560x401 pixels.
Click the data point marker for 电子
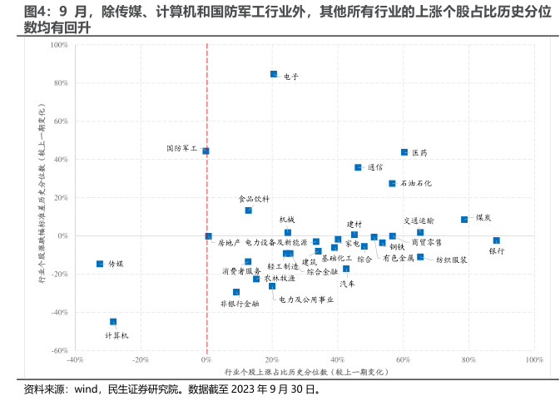[274, 74]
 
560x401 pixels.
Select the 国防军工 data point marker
[206, 151]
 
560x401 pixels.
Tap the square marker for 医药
[404, 152]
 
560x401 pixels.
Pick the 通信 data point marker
[358, 167]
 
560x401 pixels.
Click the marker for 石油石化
[392, 183]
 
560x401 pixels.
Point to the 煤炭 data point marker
[464, 220]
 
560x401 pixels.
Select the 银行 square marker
[497, 240]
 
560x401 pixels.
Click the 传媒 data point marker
[100, 264]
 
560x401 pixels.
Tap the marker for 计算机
[113, 321]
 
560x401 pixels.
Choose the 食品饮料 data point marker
[248, 210]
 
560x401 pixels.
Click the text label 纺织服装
[452, 260]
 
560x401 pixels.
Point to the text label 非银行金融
[239, 304]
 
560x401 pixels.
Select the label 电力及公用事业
[306, 299]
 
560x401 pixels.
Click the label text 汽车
[347, 284]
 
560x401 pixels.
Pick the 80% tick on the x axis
[468, 360]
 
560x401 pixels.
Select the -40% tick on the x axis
[75, 360]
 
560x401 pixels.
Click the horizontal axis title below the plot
[305, 371]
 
